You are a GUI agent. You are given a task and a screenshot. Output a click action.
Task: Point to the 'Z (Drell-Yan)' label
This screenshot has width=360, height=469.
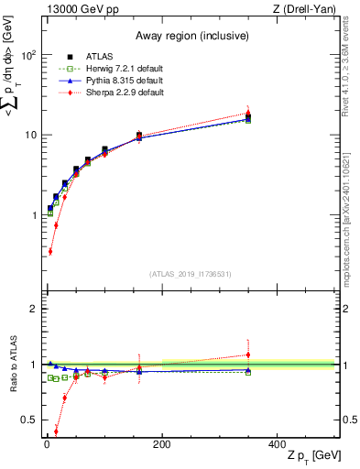308,8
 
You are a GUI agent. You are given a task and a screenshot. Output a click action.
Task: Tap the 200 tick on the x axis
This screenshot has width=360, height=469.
161,444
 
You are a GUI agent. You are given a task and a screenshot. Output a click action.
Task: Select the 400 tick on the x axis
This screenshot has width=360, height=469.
277,444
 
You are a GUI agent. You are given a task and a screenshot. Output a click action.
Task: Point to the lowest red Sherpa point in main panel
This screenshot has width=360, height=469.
50,251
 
